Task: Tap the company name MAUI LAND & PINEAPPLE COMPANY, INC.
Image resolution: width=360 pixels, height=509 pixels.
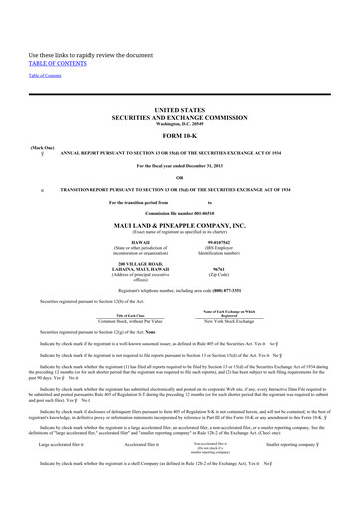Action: point(180,225)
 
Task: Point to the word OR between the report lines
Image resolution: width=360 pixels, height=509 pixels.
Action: point(180,179)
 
